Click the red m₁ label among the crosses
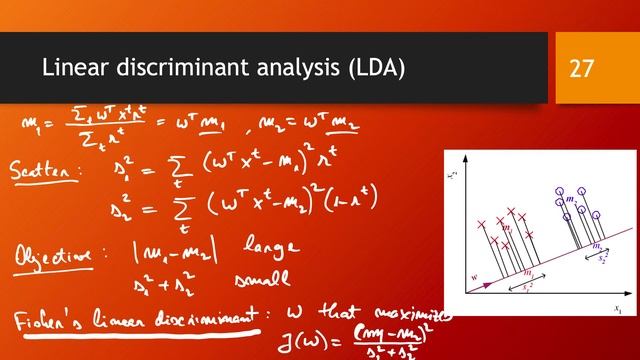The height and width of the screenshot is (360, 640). coord(507,229)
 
